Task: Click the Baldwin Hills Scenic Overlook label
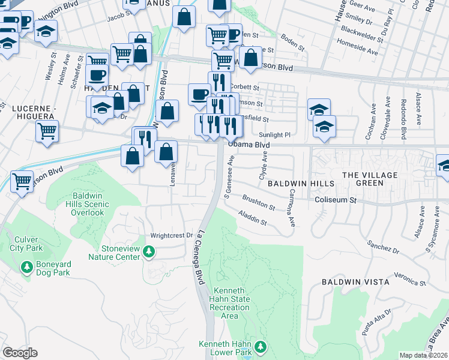[x=91, y=204]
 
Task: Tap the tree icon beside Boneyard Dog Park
[x=26, y=266]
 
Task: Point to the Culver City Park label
[x=26, y=244]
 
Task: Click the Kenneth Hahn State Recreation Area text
[x=231, y=303]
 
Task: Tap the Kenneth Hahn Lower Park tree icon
[x=261, y=347]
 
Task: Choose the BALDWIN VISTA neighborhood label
[x=355, y=281]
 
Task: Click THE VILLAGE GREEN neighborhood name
[x=370, y=175]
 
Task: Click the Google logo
[x=20, y=353]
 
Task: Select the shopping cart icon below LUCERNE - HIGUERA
[x=47, y=130]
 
